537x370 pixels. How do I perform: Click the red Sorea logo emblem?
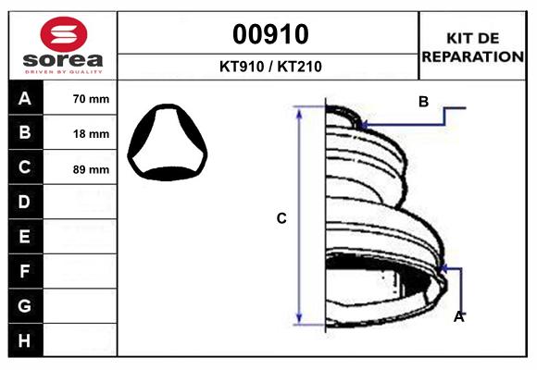pos(64,34)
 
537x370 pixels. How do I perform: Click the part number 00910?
pos(270,34)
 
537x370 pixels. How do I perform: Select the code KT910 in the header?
pos(242,67)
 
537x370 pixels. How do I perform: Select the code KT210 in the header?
pos(300,67)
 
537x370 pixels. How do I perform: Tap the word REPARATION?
pos(472,56)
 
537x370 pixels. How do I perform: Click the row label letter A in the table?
pos(25,99)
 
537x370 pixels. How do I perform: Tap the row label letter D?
pos(24,202)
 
